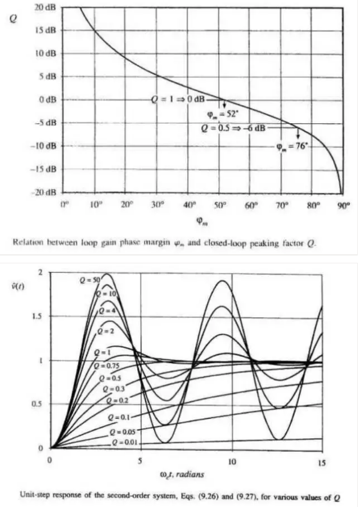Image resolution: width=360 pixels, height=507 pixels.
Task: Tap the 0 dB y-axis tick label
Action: tap(46, 100)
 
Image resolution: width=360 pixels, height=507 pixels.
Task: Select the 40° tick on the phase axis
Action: tap(189, 205)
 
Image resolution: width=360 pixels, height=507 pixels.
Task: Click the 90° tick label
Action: tap(344, 205)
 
